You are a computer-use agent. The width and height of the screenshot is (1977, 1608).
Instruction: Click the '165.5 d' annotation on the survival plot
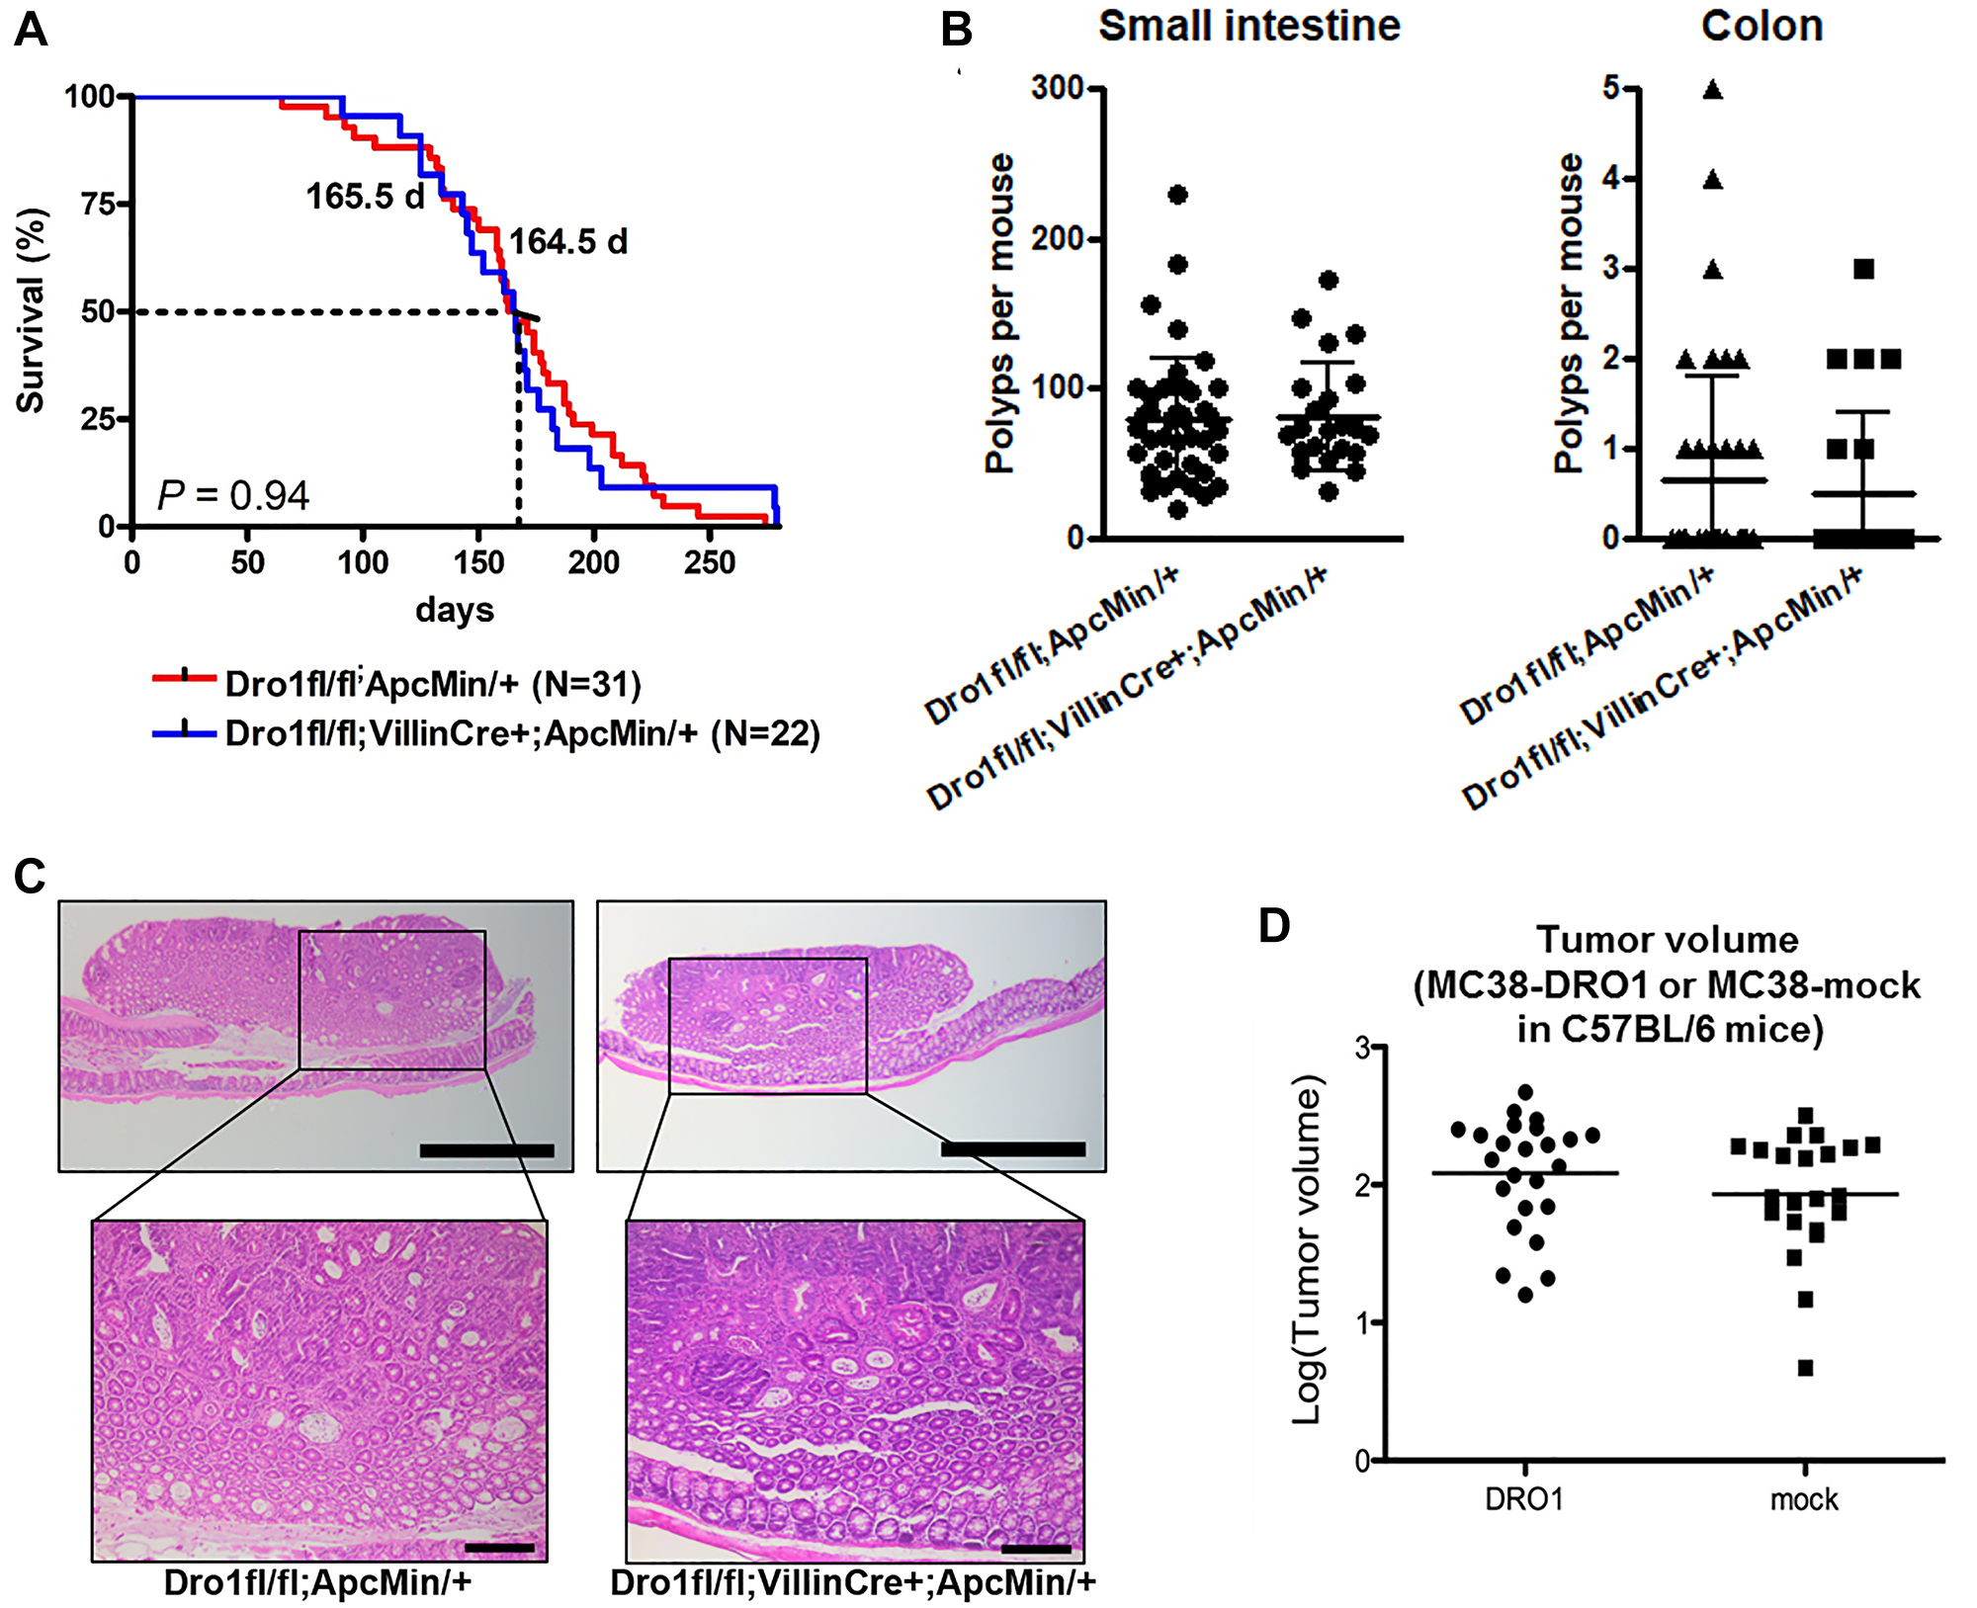(365, 197)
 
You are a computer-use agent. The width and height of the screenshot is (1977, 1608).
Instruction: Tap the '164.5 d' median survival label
(567, 242)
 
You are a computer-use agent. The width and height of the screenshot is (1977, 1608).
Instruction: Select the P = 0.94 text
(233, 495)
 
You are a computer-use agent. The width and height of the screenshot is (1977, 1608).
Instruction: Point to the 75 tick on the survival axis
(98, 205)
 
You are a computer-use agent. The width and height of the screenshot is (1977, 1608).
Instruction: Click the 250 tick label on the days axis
(709, 563)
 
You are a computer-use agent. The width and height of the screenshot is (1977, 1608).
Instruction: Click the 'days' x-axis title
(454, 609)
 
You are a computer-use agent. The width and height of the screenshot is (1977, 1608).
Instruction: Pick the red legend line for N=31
(184, 678)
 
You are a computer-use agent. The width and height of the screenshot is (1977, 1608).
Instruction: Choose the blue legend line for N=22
(184, 732)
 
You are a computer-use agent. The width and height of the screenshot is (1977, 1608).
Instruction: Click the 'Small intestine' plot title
(1249, 26)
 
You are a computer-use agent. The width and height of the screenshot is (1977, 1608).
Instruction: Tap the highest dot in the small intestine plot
(1177, 195)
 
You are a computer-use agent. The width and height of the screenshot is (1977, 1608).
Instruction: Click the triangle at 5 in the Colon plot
(1713, 90)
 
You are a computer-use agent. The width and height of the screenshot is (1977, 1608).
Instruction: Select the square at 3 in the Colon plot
(1863, 269)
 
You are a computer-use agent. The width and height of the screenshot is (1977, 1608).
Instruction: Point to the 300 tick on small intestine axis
(1058, 88)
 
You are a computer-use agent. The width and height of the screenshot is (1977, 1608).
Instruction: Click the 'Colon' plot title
(1762, 26)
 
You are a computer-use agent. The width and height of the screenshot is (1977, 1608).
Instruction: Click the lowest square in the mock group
(1805, 1369)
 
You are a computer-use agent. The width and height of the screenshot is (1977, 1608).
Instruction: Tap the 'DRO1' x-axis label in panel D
(1523, 1500)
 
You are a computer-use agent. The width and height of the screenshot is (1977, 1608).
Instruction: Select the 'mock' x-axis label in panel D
(1804, 1500)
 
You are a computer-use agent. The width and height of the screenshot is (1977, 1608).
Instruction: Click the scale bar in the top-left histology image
(486, 1150)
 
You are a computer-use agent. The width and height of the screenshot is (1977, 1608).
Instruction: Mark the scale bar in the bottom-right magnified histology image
(1035, 1549)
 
